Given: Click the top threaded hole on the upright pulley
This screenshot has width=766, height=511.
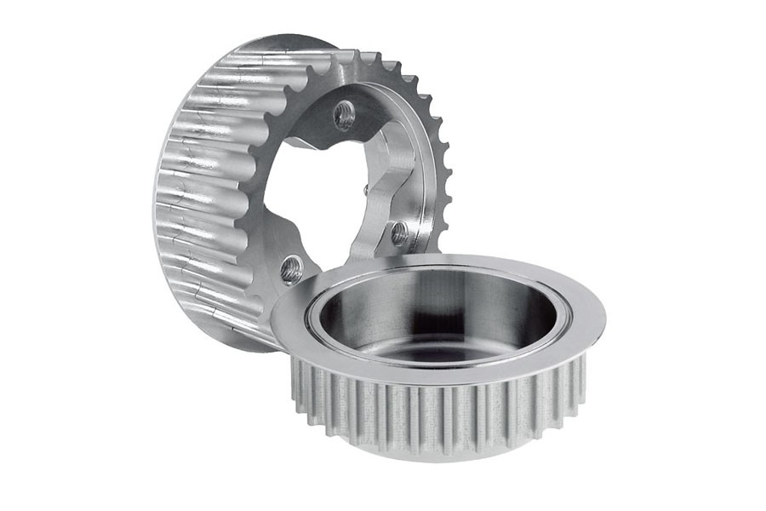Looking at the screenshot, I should pyautogui.click(x=344, y=115).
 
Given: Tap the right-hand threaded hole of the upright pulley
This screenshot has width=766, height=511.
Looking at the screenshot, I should pyautogui.click(x=398, y=233).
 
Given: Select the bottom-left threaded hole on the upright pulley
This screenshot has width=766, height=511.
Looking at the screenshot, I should pyautogui.click(x=291, y=269).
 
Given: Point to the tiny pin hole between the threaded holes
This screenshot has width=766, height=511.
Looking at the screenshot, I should pyautogui.click(x=365, y=189).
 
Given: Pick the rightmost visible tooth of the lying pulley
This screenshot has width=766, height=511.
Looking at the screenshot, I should pyautogui.click(x=580, y=375).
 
